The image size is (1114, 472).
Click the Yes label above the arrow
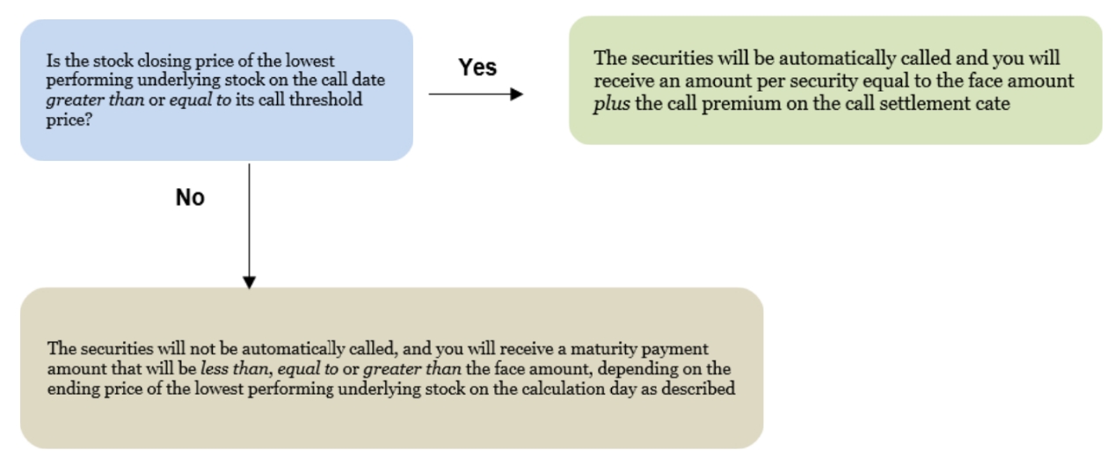(477, 67)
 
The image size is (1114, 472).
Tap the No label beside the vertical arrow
(190, 198)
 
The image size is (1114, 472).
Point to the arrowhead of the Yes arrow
(517, 94)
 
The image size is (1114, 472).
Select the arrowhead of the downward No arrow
(249, 282)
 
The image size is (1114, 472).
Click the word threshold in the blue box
(325, 99)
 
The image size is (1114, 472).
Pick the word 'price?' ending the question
(69, 120)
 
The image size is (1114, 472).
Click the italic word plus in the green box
(612, 104)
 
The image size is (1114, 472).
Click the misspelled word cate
(993, 104)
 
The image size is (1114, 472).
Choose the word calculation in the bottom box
(563, 388)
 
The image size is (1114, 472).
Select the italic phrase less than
(235, 368)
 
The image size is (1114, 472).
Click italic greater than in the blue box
(95, 100)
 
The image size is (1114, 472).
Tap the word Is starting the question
(54, 62)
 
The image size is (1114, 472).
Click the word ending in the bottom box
(74, 389)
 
